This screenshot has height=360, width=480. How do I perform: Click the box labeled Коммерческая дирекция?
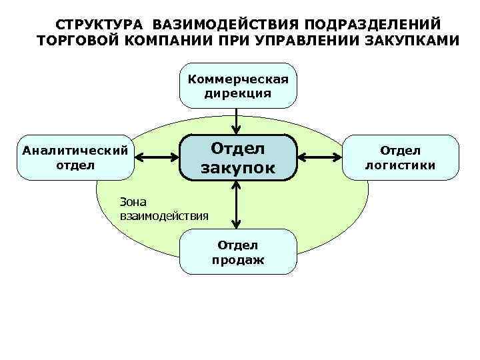(x=238, y=87)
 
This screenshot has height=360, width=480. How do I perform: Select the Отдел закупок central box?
(x=238, y=157)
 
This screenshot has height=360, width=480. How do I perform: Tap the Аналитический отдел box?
(x=75, y=157)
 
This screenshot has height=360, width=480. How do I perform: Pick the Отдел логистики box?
(x=401, y=157)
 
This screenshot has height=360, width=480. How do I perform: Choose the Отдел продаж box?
(x=238, y=251)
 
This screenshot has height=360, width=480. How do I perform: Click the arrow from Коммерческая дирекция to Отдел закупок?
(x=238, y=121)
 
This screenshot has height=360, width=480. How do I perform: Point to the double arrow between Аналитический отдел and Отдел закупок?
(x=157, y=158)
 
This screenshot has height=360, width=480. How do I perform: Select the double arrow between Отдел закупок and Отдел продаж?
(x=238, y=205)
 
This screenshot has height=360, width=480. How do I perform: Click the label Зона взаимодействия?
(x=163, y=208)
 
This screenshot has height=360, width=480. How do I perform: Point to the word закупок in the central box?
(x=238, y=168)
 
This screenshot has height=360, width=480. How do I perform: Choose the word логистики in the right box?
(x=401, y=165)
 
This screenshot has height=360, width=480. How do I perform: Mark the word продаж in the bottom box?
(x=238, y=260)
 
